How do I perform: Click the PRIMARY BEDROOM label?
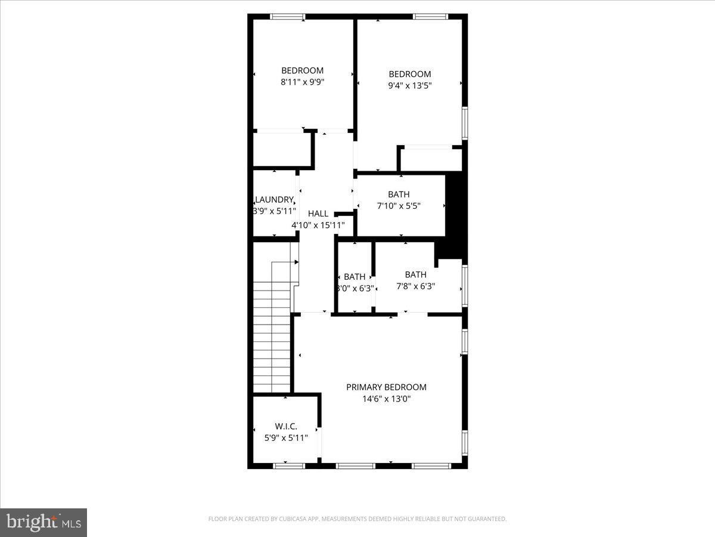point(386,387)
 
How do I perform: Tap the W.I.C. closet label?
point(286,426)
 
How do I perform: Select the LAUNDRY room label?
point(274,200)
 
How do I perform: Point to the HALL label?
point(318,214)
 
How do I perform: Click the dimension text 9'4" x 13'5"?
point(409,85)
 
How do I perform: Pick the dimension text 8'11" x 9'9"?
point(302,82)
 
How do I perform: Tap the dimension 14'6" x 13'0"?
point(386,399)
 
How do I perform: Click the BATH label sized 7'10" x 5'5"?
point(399,195)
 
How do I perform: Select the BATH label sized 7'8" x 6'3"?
point(415,274)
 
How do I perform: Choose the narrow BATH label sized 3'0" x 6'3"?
point(355,277)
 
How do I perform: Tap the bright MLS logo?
point(43,522)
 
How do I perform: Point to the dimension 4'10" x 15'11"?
point(318,225)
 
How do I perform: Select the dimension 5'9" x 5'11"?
point(286,437)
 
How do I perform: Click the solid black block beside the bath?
point(455,209)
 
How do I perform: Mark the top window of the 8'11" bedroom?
point(288,16)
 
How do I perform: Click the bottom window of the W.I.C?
point(289,465)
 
